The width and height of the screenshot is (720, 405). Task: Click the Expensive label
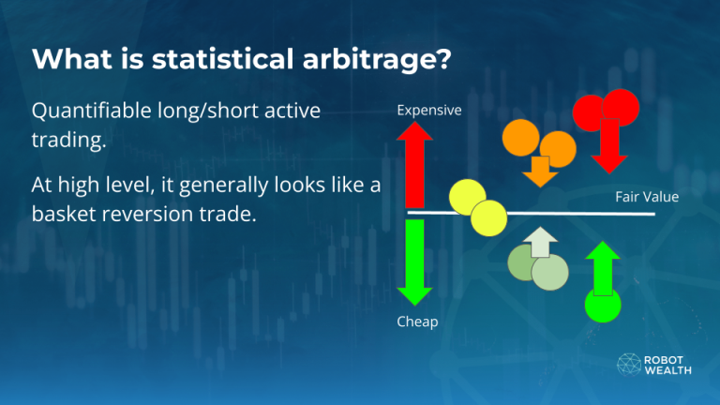(429, 110)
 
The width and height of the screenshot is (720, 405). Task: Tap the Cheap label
(417, 322)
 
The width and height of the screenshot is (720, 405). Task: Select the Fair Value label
(647, 197)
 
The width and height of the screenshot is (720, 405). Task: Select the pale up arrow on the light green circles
(539, 243)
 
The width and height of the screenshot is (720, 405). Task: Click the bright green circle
(600, 305)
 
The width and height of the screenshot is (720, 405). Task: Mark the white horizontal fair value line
(562, 214)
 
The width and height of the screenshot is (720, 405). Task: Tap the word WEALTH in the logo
(667, 370)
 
